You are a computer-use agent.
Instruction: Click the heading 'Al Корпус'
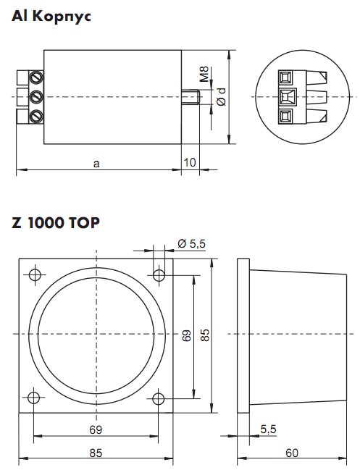coord(51,16)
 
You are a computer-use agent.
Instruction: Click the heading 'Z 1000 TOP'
coord(56,223)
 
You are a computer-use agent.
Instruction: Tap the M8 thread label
coord(204,74)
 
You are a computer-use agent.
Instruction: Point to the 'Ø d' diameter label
coord(221,96)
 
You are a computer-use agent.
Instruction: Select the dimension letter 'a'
coord(96,164)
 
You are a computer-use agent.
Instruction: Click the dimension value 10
coord(190,162)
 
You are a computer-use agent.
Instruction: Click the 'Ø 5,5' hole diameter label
coord(191,244)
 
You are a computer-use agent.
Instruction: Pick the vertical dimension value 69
coord(186,336)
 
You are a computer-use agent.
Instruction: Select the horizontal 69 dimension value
coord(96,429)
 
